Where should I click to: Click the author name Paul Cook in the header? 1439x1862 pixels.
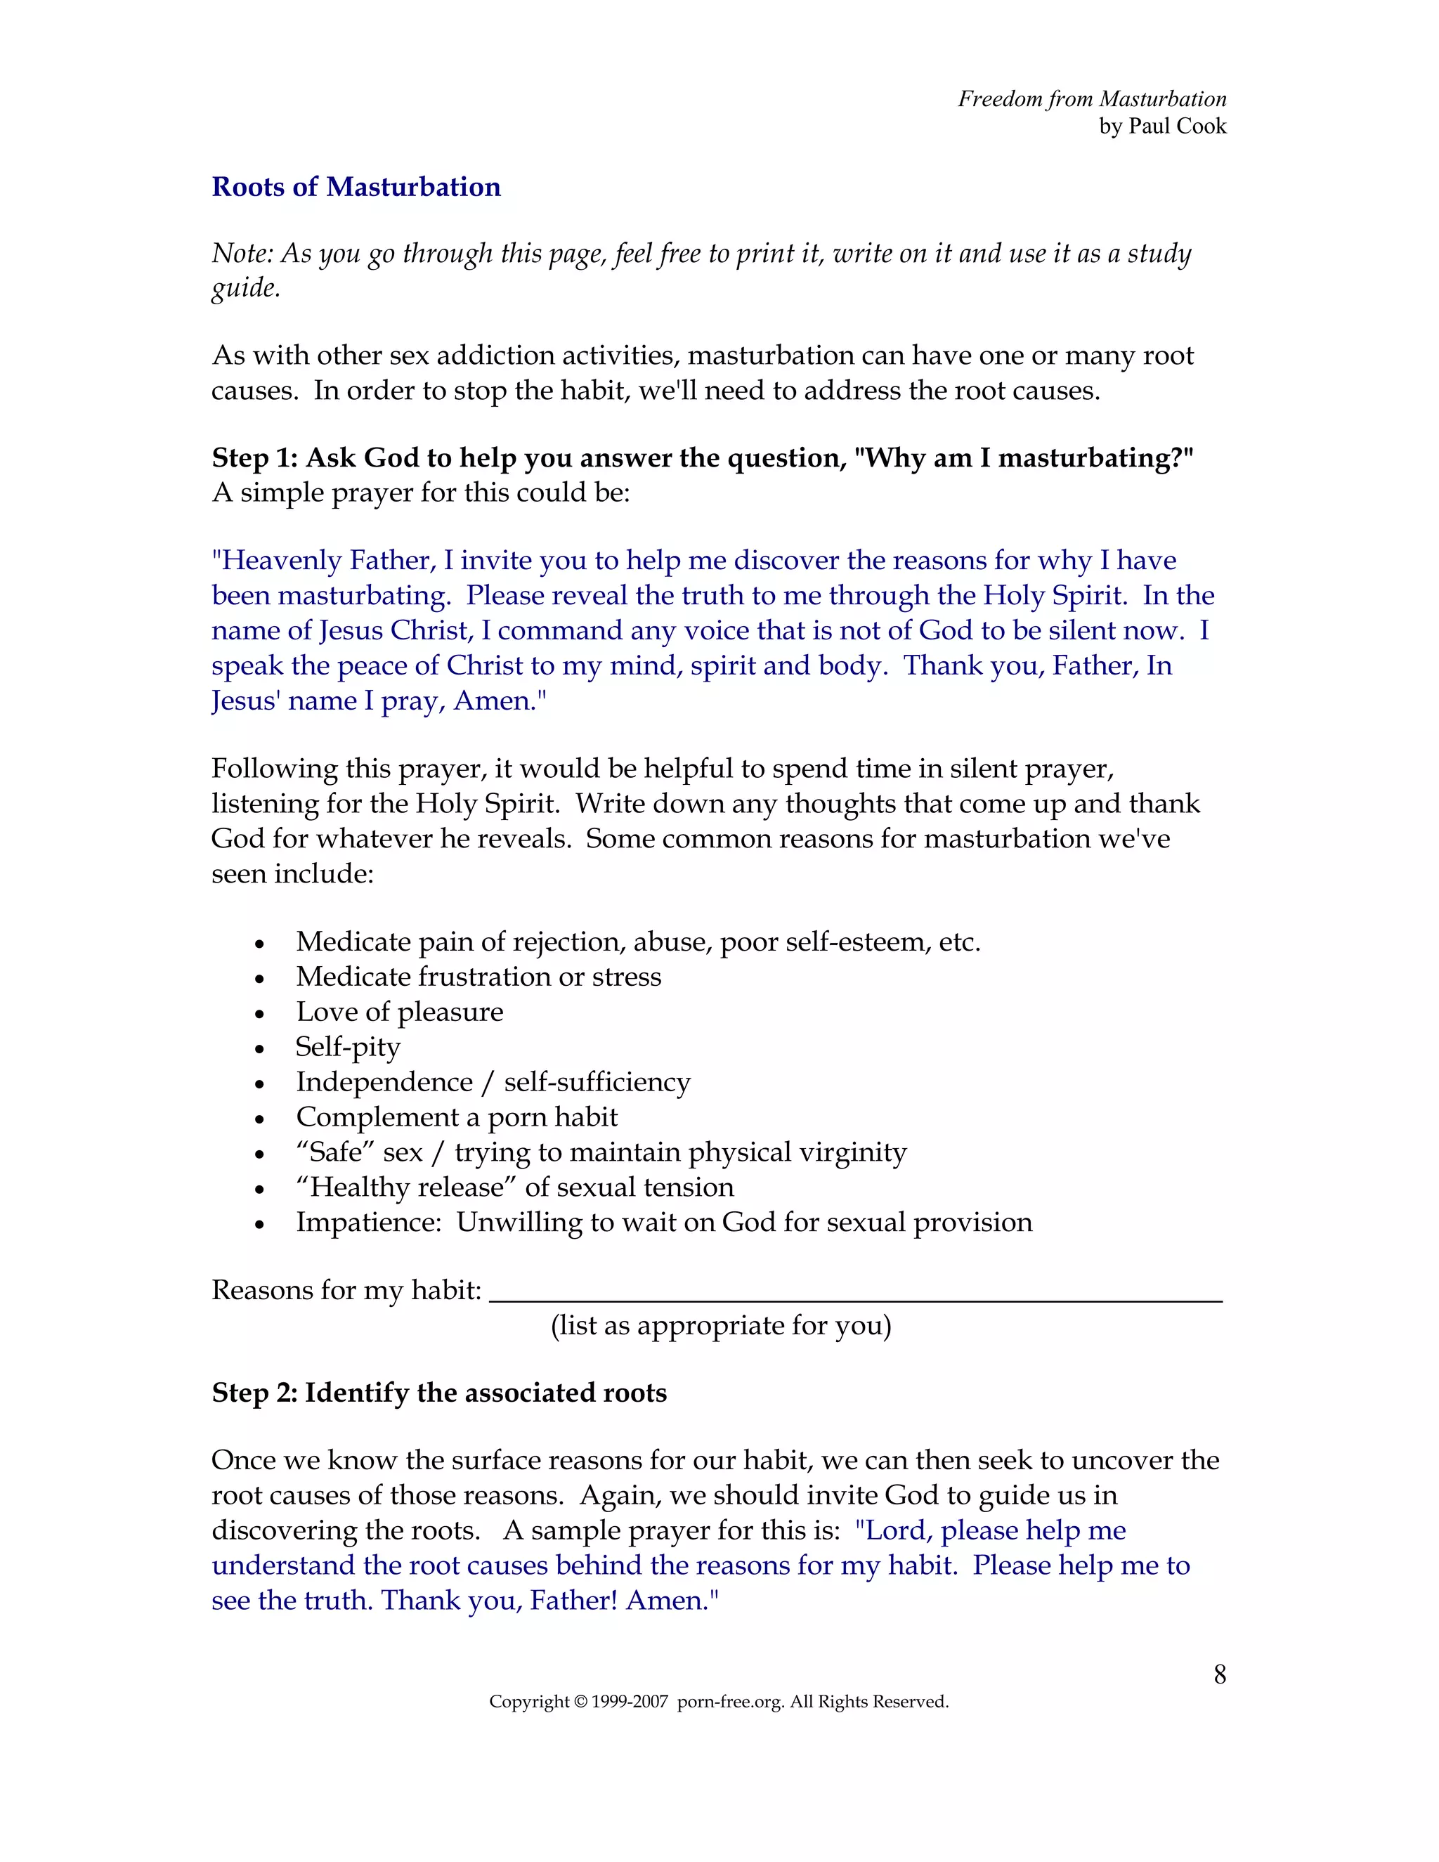pyautogui.click(x=1178, y=126)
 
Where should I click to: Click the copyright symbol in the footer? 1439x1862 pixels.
pyautogui.click(x=580, y=1702)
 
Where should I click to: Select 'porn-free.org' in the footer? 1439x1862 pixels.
pyautogui.click(x=730, y=1702)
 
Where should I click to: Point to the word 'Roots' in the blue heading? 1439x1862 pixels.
pyautogui.click(x=249, y=187)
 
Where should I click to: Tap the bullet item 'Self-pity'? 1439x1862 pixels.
pyautogui.click(x=348, y=1047)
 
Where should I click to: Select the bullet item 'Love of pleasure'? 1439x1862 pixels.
pyautogui.click(x=399, y=1012)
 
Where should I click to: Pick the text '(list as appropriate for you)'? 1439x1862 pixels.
pyautogui.click(x=720, y=1326)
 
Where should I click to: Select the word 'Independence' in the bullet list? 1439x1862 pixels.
pyautogui.click(x=384, y=1082)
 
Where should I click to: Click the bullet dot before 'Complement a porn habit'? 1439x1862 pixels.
pyautogui.click(x=260, y=1119)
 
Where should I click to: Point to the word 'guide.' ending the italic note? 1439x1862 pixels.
pyautogui.click(x=245, y=289)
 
